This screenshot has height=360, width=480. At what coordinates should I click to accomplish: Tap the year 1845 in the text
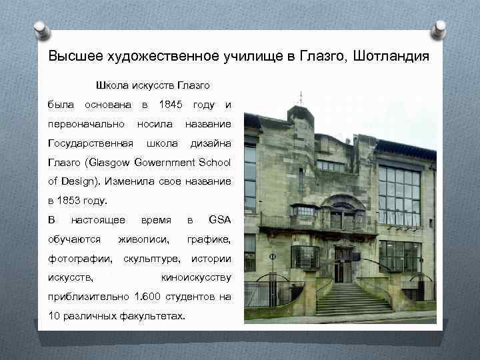(x=171, y=105)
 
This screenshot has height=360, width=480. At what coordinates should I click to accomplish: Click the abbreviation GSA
(x=219, y=219)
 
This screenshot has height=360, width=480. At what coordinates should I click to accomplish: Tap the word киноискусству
(x=197, y=277)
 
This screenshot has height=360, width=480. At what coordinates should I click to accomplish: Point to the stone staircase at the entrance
(x=353, y=299)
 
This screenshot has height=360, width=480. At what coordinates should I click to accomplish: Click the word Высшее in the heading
(x=70, y=55)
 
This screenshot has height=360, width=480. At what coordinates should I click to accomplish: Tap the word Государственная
(x=91, y=143)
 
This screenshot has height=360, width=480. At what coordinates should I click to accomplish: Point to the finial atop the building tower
(x=299, y=98)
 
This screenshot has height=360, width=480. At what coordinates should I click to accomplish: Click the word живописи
(x=143, y=239)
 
